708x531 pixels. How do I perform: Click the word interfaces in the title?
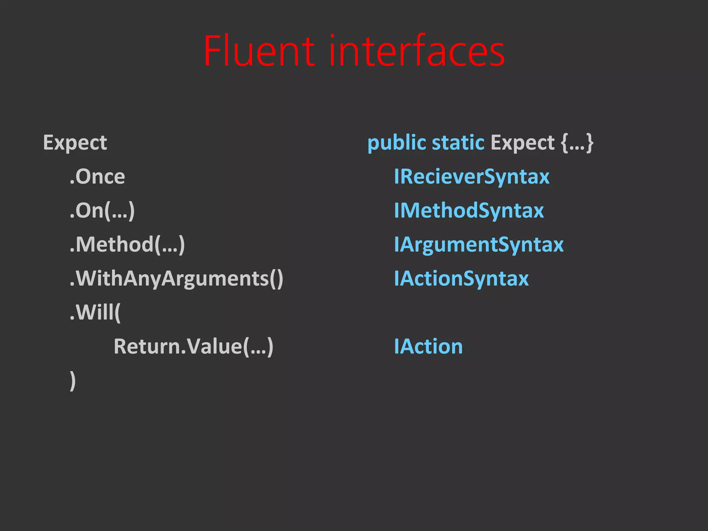point(417,51)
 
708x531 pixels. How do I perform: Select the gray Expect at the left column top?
point(75,143)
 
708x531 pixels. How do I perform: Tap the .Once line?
point(97,177)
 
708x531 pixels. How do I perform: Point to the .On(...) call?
point(102,211)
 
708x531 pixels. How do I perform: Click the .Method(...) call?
point(127,244)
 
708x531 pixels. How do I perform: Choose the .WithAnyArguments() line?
point(176,278)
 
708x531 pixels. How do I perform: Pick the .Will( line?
point(95,312)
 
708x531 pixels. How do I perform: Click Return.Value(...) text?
point(194,346)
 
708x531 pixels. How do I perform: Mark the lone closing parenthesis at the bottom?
point(73,381)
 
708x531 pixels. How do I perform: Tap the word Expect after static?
point(522,143)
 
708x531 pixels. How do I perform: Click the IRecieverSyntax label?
point(472,177)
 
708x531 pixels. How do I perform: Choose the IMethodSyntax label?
point(469,211)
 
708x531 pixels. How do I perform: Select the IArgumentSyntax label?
point(479,244)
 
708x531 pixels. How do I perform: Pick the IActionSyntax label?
point(461,278)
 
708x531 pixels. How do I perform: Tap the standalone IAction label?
point(428,346)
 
